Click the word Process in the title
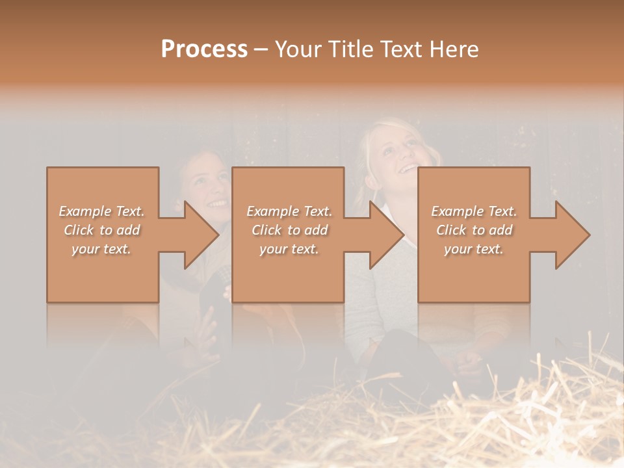click(204, 49)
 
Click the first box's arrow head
click(201, 235)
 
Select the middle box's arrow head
click(387, 235)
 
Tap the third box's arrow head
click(572, 235)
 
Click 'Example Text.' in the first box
click(102, 211)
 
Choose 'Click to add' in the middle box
click(289, 230)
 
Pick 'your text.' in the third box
click(474, 249)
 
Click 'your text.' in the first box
click(102, 249)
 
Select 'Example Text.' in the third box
click(474, 211)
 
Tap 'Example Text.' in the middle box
click(289, 211)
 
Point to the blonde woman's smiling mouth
click(408, 168)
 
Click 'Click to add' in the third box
click(474, 230)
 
